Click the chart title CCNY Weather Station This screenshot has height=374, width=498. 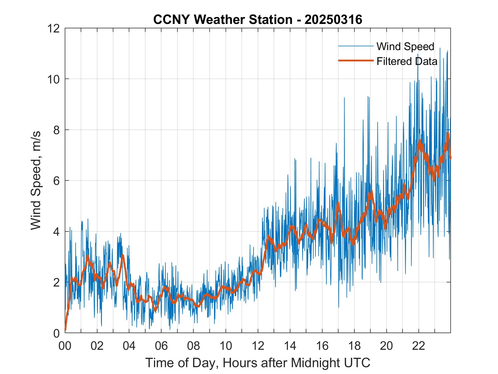coord(258,20)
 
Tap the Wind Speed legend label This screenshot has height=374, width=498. coord(405,46)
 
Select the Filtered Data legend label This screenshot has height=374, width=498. coord(407,61)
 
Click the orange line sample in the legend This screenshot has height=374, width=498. coord(355,61)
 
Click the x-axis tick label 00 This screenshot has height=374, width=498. coord(65,346)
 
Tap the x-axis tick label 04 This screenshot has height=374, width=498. coord(129,346)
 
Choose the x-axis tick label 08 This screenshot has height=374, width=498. coord(194,346)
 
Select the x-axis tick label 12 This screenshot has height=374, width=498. coord(258,346)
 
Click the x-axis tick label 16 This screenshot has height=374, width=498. coord(322,346)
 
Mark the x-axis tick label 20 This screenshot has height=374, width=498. coord(386,346)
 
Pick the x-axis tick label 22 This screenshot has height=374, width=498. coord(419,346)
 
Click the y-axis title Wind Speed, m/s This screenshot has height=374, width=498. coord(36,181)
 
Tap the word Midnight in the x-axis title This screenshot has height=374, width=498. coord(311,363)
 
